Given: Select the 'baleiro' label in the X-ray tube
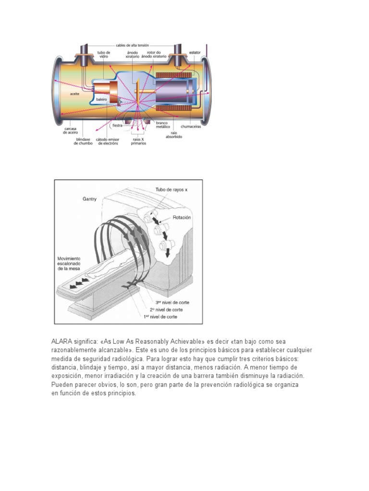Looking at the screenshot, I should tap(101, 99).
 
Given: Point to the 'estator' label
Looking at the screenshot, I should tap(195, 52).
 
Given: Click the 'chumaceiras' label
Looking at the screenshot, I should tap(191, 127).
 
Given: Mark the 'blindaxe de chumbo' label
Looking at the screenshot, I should tap(86, 141).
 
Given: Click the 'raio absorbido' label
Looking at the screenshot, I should tap(174, 134).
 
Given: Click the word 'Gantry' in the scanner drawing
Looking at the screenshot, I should tap(90, 199).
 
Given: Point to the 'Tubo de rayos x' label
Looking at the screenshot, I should tap(172, 190).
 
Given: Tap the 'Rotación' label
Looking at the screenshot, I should tap(181, 217).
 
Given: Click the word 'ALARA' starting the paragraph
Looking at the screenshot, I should tap(62, 341).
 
